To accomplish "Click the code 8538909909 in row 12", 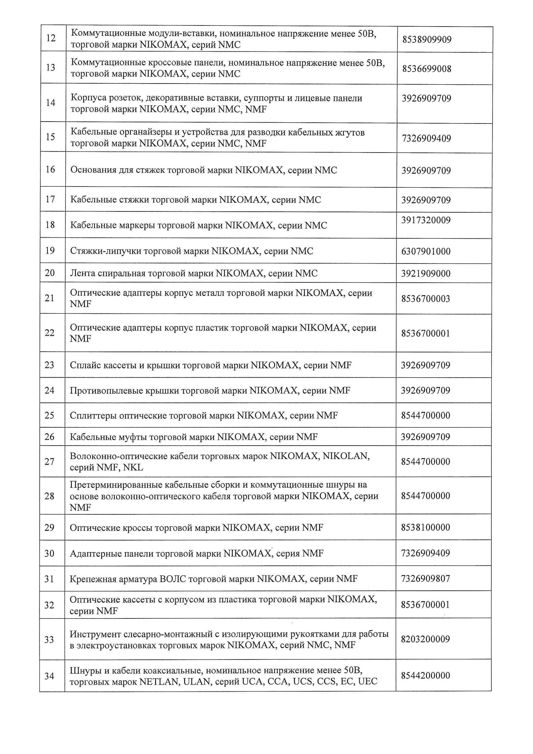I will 427,40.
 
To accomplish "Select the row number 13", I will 51,68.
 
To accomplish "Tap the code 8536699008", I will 427,69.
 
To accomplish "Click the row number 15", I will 50,137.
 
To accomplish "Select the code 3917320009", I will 426,220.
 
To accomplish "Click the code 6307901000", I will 426,252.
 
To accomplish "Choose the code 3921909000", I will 426,274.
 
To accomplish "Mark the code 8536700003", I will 425,299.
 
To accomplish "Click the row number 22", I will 50,333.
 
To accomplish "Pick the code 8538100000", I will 425,528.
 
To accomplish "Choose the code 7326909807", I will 425,579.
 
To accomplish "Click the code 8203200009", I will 425,640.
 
